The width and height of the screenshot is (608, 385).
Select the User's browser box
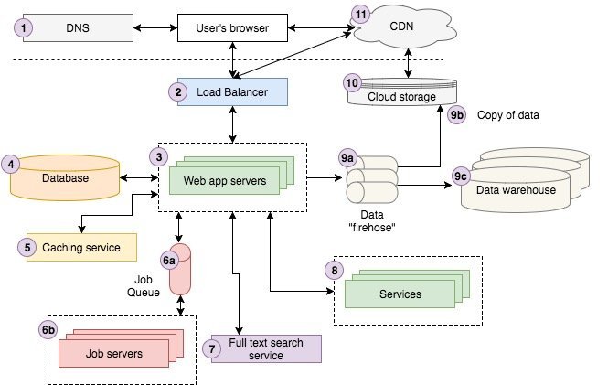click(x=233, y=28)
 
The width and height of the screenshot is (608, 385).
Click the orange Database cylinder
click(x=65, y=178)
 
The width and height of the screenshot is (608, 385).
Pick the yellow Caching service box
click(x=80, y=247)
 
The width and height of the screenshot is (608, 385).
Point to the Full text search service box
click(x=266, y=348)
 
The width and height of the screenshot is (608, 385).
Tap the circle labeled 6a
click(x=169, y=261)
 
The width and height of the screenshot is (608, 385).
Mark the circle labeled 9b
click(x=458, y=115)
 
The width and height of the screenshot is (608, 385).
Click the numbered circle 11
click(x=362, y=14)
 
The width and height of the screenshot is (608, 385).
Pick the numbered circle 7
click(x=213, y=347)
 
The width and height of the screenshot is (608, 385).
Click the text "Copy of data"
click(x=508, y=116)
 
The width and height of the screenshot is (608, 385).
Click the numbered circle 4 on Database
click(x=12, y=165)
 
